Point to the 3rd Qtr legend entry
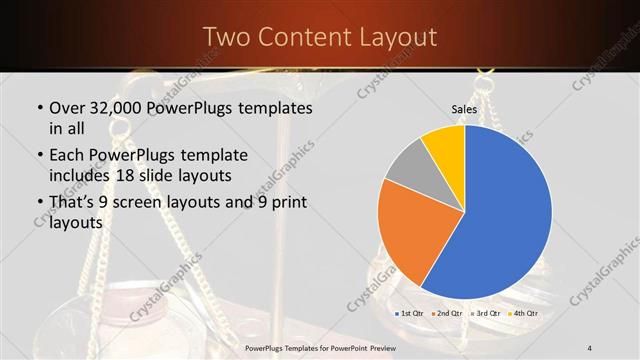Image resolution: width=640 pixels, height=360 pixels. coord(486,314)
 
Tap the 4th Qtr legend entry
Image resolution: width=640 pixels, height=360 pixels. coord(523,314)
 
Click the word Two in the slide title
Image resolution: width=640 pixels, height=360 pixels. coord(228,37)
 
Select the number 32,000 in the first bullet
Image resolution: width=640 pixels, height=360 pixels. coord(118,107)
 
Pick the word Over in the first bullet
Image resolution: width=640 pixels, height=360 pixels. coord(67,107)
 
